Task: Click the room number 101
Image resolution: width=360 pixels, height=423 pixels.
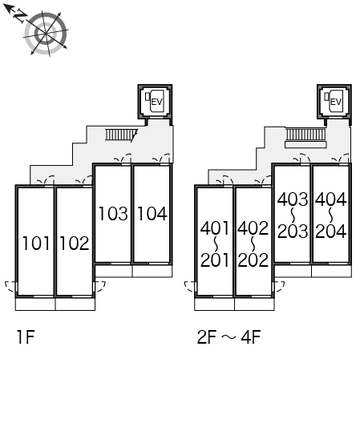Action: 36,243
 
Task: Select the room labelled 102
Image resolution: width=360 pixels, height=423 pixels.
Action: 75,243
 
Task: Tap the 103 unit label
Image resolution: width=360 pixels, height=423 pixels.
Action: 113,214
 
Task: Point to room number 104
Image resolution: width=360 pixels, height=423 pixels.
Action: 152,214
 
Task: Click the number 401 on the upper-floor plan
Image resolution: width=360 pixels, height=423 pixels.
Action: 215,228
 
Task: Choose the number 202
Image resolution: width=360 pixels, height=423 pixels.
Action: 253,260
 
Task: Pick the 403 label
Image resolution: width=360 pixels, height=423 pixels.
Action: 293,199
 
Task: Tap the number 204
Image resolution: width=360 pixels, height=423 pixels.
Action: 331,232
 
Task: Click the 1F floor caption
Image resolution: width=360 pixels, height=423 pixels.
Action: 26,337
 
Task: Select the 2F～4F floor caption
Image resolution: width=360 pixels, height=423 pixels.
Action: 229,337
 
